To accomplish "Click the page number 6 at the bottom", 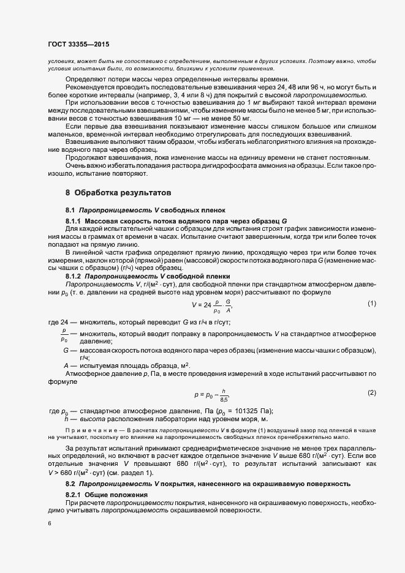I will [x=50, y=523].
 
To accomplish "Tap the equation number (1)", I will [x=371, y=304].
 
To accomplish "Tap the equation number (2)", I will [x=371, y=392].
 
